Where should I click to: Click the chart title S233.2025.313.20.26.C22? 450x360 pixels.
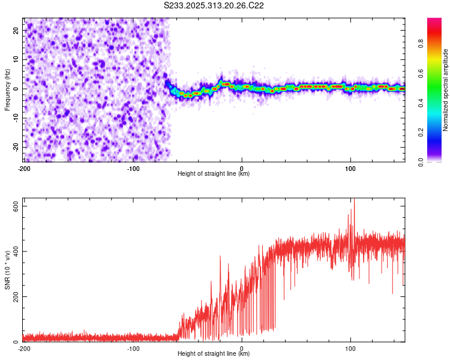pos(214,5)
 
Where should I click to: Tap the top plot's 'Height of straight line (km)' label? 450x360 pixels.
pos(214,174)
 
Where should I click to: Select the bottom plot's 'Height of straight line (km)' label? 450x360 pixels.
pos(214,354)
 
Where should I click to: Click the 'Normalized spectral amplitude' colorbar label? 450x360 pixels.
pos(445,90)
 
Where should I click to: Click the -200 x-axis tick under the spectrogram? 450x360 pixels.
pos(24,168)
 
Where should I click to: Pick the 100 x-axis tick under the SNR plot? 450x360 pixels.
pos(350,348)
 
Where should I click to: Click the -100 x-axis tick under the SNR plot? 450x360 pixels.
pos(133,348)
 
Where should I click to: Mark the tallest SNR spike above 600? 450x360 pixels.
pos(354,200)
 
